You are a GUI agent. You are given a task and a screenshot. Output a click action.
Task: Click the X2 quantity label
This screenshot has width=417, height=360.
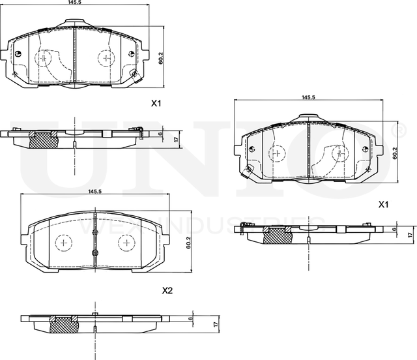tap(167, 290)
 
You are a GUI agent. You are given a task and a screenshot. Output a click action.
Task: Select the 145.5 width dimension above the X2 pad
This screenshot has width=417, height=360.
tap(94, 191)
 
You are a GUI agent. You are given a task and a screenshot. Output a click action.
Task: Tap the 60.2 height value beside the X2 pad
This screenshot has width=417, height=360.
tap(188, 241)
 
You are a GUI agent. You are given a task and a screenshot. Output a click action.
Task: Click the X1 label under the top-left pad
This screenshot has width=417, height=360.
tap(156, 103)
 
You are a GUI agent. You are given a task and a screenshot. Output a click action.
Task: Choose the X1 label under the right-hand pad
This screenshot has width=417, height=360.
tap(384, 205)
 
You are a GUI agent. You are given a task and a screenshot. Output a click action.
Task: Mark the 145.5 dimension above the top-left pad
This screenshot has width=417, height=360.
tap(76, 3)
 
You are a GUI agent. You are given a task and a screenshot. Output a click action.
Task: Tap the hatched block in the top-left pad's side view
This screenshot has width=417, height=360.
tap(44, 138)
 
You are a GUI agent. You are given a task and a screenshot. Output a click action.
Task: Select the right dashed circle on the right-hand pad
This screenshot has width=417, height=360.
tap(339, 154)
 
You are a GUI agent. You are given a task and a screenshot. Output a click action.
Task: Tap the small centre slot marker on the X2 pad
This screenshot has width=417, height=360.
tap(95, 252)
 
